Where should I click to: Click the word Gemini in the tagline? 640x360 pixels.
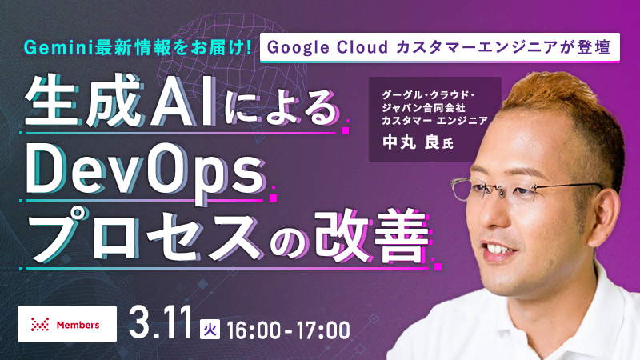click(58, 48)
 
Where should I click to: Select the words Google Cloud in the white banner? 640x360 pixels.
click(327, 47)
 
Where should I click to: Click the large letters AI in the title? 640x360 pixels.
click(184, 103)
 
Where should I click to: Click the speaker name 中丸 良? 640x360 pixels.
click(410, 142)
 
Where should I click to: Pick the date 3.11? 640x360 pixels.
click(161, 324)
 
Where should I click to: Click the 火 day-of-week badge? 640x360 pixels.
click(210, 330)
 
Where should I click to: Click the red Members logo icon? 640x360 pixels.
click(40, 325)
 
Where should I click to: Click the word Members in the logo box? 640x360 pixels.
click(78, 325)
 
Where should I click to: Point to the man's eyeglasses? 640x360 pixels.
click(525, 190)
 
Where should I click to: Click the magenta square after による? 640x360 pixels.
click(345, 130)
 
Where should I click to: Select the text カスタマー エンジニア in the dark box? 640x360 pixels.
click(434, 121)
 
